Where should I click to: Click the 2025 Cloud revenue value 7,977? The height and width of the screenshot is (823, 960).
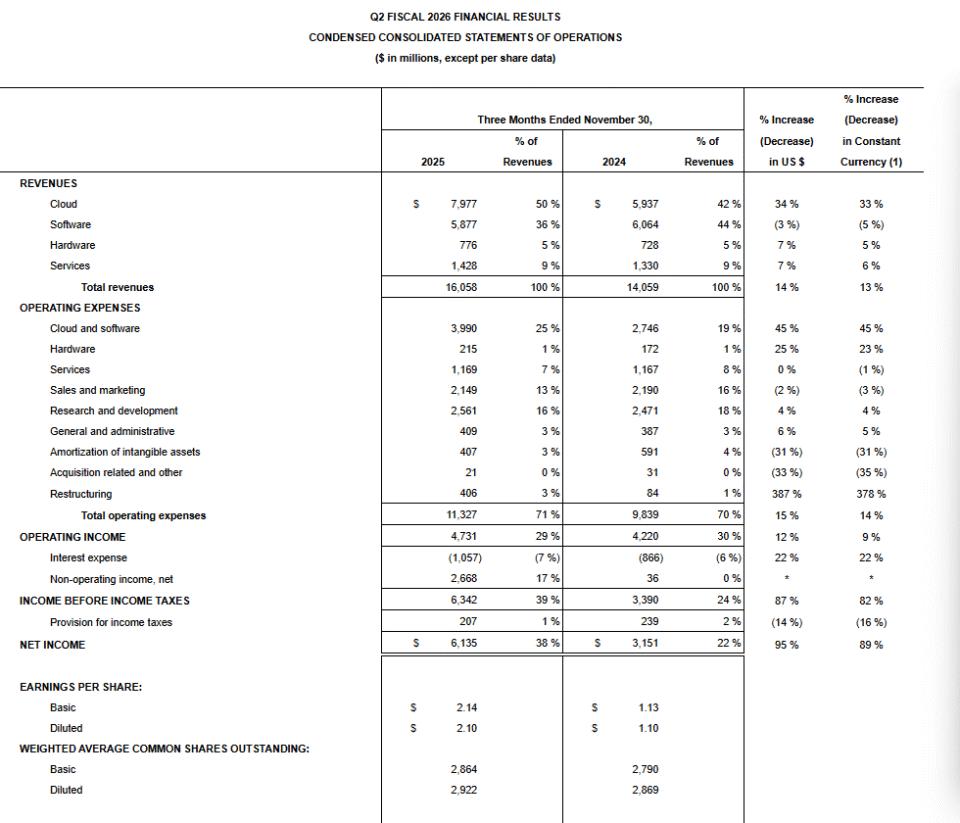[x=463, y=204]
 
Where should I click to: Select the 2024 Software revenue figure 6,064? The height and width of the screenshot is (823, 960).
[x=645, y=225]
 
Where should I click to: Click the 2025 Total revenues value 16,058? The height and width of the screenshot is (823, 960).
[x=460, y=287]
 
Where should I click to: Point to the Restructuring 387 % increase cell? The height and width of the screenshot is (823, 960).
[x=787, y=494]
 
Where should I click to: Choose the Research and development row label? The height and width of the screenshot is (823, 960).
[x=114, y=411]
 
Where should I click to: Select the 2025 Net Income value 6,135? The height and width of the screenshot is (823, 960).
[x=463, y=645]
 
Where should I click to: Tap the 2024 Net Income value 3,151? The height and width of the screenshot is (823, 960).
[x=645, y=645]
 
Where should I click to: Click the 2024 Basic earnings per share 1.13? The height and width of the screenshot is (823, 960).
[x=647, y=708]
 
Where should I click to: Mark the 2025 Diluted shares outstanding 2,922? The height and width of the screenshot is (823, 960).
[x=463, y=790]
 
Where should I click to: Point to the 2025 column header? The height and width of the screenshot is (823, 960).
[x=433, y=162]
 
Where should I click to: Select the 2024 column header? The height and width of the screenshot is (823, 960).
[x=614, y=162]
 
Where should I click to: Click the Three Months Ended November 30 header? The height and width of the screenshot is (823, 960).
[x=564, y=120]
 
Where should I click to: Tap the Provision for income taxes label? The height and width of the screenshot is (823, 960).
[x=111, y=622]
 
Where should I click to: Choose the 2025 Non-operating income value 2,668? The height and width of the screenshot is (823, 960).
[x=463, y=578]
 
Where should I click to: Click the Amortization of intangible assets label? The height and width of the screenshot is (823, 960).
[x=125, y=452]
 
